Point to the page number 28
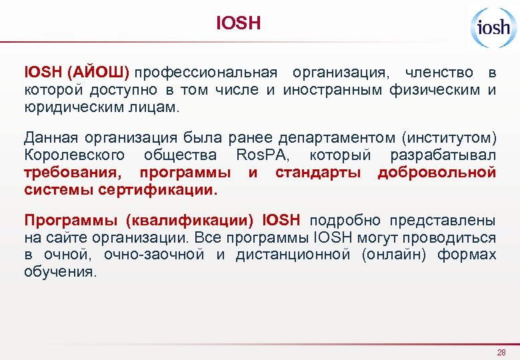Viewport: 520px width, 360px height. tap(501, 352)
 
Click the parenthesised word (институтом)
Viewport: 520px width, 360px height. tap(449, 138)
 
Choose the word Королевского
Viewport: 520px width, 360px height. tap(74, 155)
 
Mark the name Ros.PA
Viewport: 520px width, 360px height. tap(262, 155)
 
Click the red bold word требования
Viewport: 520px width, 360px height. tap(75, 173)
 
